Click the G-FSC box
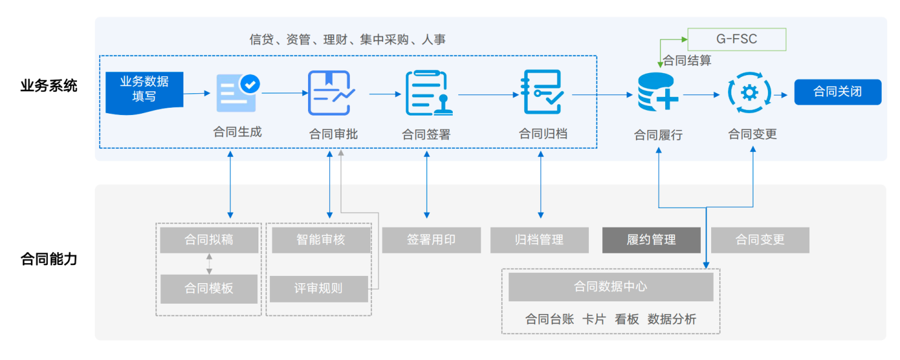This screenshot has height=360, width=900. (737, 39)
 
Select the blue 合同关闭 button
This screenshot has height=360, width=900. (838, 92)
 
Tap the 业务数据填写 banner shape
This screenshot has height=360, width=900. (144, 93)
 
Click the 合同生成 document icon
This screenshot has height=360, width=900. (238, 93)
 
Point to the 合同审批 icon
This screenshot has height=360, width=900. (331, 93)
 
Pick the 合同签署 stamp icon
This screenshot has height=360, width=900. (429, 93)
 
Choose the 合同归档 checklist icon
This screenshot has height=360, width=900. (542, 92)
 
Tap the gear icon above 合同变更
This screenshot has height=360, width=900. (749, 93)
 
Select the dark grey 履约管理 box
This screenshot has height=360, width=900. (651, 240)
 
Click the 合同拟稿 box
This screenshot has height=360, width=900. (209, 240)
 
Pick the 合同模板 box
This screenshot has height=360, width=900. (209, 289)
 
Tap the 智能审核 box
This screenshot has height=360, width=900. (321, 240)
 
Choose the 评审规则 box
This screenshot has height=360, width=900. (318, 289)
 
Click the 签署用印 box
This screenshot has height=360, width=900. (431, 240)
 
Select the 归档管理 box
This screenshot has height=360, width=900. (539, 240)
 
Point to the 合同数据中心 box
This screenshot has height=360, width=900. (611, 287)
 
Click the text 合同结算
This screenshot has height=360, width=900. (687, 61)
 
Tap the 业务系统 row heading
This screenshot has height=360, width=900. (48, 85)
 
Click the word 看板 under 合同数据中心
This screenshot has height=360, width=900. (627, 319)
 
